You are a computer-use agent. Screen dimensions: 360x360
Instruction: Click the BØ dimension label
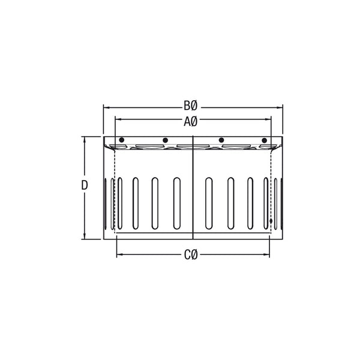tap(190, 107)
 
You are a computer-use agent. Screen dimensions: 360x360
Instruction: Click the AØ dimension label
tap(190, 121)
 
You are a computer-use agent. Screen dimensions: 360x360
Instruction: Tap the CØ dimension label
tap(190, 255)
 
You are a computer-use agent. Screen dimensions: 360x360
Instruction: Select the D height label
tap(85, 185)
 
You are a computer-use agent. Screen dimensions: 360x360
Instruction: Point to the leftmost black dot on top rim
tap(122, 140)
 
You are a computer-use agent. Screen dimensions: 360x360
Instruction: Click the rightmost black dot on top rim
tap(264, 140)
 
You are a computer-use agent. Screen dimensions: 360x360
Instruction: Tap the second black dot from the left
tap(165, 140)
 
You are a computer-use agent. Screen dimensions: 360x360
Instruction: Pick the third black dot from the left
tap(221, 140)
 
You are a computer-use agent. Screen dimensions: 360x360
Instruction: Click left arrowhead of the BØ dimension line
tap(106, 107)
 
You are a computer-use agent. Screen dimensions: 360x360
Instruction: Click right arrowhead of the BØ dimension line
tap(280, 107)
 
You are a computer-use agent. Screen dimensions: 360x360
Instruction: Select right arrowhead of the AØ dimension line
tap(270, 121)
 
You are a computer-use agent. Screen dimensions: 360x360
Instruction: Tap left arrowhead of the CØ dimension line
tap(118, 255)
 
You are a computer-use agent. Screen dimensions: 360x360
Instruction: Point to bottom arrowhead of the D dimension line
tap(85, 236)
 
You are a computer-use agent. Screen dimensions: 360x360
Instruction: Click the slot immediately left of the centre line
tap(176, 203)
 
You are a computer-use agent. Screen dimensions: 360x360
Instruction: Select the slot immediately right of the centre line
tap(208, 203)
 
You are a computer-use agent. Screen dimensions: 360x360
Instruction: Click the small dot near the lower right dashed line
tap(272, 221)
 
